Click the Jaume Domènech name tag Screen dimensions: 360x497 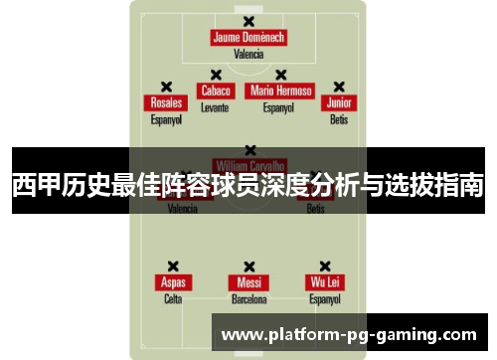[248, 38]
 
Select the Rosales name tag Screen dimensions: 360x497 [166, 103]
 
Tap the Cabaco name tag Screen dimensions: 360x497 [215, 90]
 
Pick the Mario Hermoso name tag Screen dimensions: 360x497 [281, 90]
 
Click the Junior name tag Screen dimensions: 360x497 [339, 103]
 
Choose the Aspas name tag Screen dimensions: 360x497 [173, 282]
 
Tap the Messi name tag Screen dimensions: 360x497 [248, 282]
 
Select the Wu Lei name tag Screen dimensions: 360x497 [325, 282]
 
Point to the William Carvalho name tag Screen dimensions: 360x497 [248, 165]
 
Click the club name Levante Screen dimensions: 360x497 [215, 106]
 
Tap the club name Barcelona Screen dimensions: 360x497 [248, 298]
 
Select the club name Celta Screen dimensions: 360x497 [173, 298]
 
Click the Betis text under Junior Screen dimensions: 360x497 [339, 119]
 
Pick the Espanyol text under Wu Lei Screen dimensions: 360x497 [325, 298]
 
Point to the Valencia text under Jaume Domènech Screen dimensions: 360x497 [248, 55]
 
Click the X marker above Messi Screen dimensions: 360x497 [248, 266]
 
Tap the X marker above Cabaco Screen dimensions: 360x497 [215, 74]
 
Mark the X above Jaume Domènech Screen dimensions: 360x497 [248, 21]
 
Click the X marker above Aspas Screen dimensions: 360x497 [173, 266]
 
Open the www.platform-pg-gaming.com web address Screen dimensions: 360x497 [353, 335]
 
